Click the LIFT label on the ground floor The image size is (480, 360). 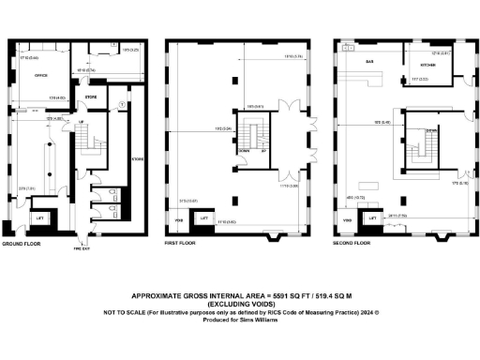(39, 218)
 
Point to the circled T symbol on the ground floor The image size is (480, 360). (123, 102)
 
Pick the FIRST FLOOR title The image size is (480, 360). (179, 243)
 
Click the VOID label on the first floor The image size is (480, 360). (179, 221)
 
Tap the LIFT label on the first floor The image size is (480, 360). (202, 219)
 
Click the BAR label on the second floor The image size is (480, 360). (369, 61)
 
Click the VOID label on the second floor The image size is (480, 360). (347, 221)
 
